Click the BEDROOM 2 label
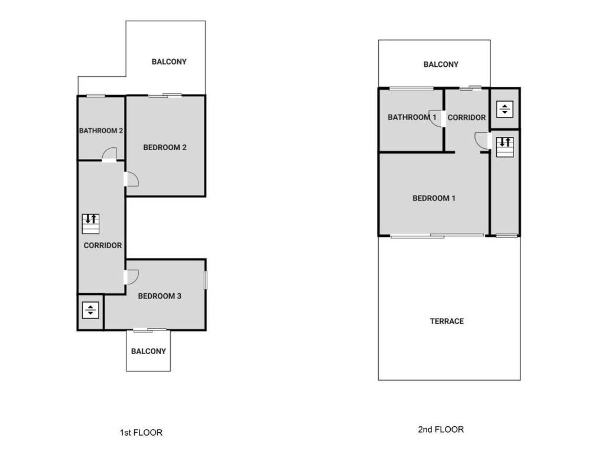[x=165, y=147]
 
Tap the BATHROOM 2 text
[x=100, y=131]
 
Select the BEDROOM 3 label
[x=160, y=296]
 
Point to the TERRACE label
[x=447, y=322]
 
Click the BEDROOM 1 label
[x=434, y=199]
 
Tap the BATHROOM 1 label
[x=412, y=118]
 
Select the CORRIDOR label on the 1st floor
[x=103, y=245]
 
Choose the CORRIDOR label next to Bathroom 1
[x=466, y=118]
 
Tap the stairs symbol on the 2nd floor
[x=505, y=147]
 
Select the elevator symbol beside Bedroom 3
[x=90, y=310]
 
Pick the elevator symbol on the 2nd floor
[x=505, y=109]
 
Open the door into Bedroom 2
[x=131, y=179]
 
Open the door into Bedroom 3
[x=131, y=277]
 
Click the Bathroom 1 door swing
[x=435, y=118]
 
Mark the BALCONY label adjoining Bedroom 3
[x=148, y=351]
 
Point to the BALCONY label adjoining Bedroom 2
[x=169, y=61]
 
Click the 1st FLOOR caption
[x=141, y=433]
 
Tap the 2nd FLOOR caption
[x=441, y=430]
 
